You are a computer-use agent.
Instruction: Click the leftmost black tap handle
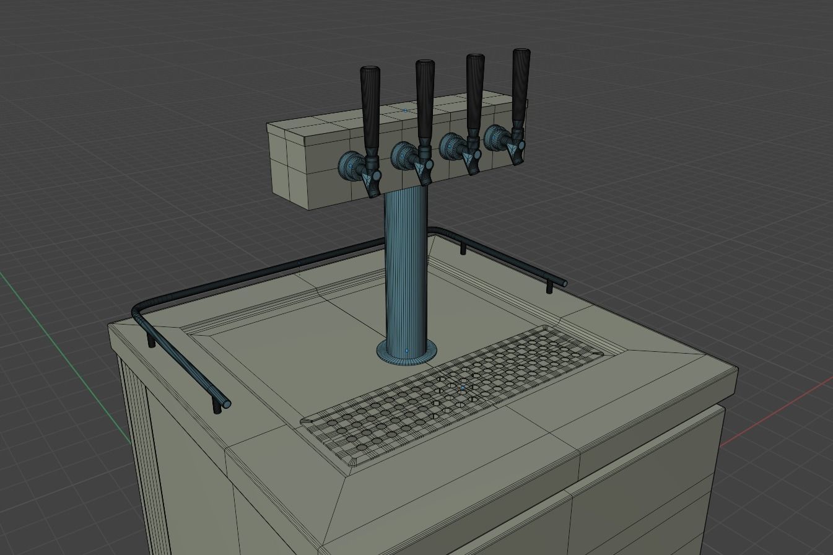(x=370, y=108)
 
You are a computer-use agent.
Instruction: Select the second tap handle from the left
(x=425, y=102)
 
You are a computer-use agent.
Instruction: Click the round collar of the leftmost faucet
(x=349, y=166)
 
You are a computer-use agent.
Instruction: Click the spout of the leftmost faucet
(x=373, y=185)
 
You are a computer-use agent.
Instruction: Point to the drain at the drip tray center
(x=461, y=387)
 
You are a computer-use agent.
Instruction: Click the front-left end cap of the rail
(x=227, y=404)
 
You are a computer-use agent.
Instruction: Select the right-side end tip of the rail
(x=564, y=283)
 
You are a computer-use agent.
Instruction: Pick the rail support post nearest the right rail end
(x=549, y=287)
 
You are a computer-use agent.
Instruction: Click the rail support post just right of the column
(x=463, y=249)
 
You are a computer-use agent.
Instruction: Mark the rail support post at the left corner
(x=152, y=341)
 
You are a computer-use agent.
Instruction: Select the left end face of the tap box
(x=288, y=164)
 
